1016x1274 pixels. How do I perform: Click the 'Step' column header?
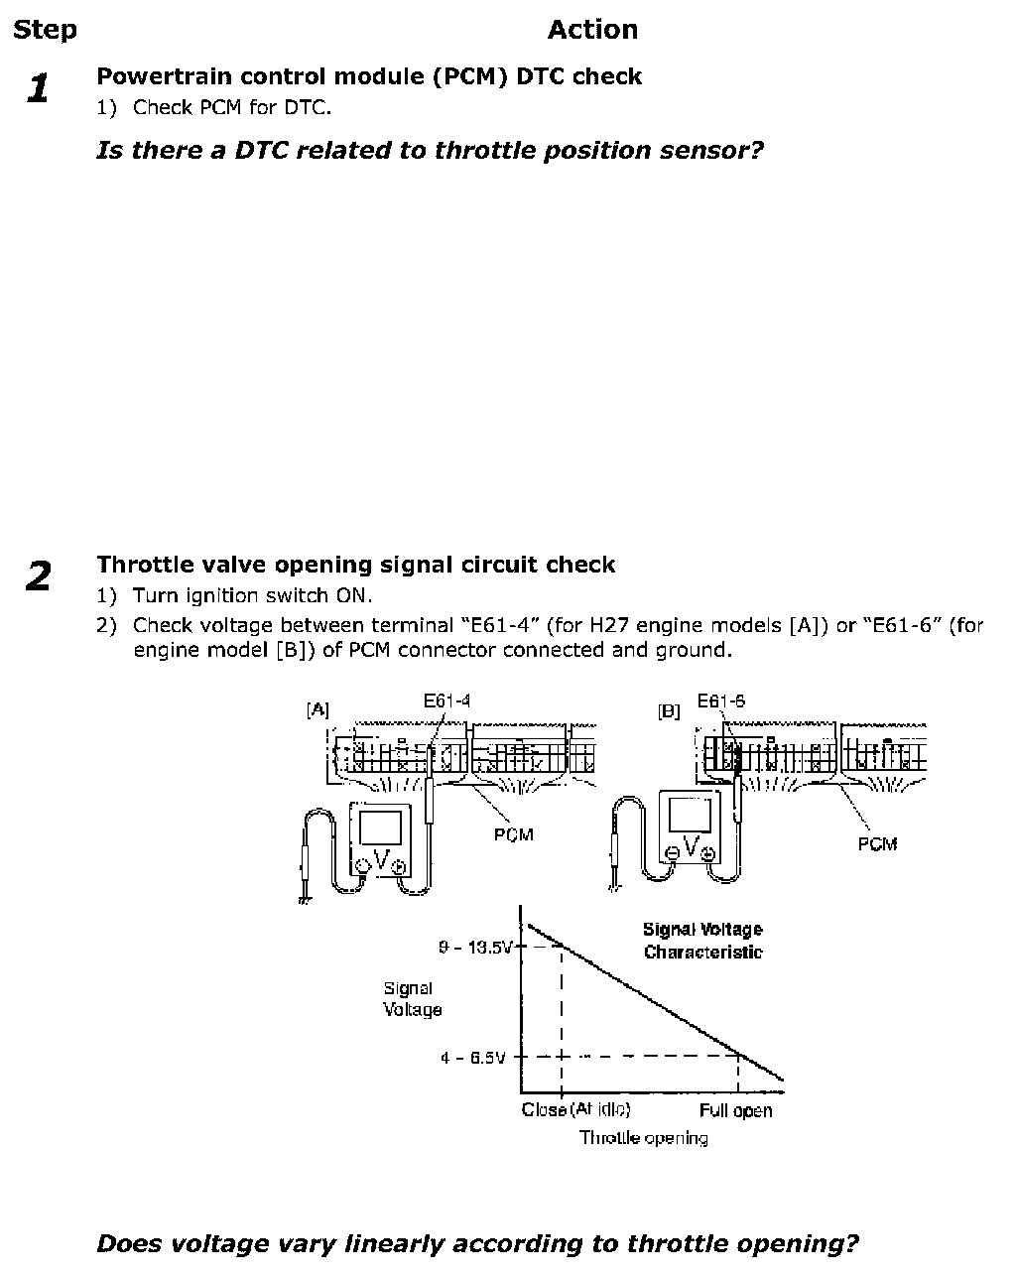[45, 30]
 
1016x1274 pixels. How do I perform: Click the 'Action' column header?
[592, 30]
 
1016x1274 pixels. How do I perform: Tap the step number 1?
[38, 89]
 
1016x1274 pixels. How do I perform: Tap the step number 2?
[38, 576]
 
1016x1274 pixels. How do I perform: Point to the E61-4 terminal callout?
[446, 701]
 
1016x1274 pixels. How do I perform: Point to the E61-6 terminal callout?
[721, 701]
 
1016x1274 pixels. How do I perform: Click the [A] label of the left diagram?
[317, 709]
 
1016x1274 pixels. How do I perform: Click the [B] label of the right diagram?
[669, 711]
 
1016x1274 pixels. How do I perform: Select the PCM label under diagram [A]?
[513, 834]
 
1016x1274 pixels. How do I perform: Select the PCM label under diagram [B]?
[877, 843]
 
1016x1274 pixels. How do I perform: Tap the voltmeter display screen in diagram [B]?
[691, 816]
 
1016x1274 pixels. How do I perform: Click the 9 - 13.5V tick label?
[475, 948]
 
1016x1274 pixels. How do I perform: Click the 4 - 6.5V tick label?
[473, 1058]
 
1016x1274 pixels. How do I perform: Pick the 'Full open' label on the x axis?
[735, 1110]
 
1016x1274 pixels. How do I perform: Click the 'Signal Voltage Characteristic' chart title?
[702, 941]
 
